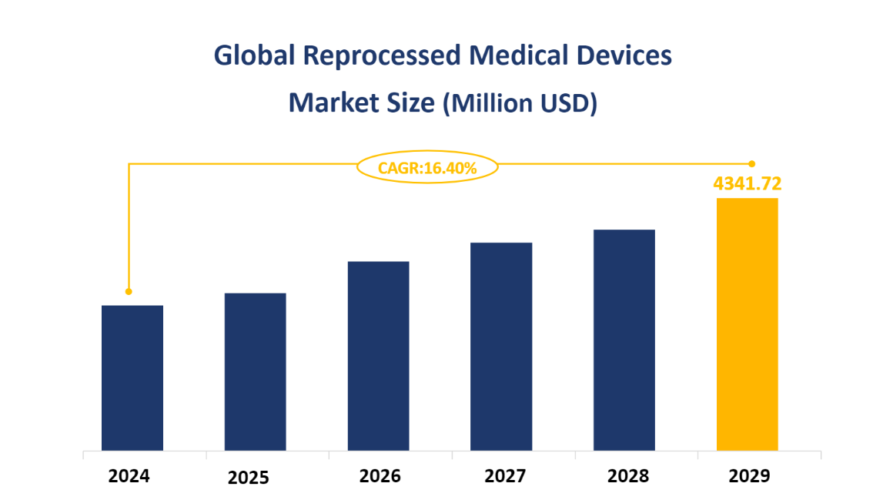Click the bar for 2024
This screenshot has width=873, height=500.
click(132, 378)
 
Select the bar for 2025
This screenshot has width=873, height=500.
click(255, 371)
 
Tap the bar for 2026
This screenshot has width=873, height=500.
click(378, 355)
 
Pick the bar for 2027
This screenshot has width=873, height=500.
click(501, 346)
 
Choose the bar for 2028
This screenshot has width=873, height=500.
click(624, 340)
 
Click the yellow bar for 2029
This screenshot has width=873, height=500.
click(747, 324)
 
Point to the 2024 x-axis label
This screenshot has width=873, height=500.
click(129, 476)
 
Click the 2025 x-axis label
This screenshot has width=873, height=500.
click(249, 478)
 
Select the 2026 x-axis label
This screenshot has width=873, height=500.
click(380, 476)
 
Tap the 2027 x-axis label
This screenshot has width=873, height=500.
click(505, 476)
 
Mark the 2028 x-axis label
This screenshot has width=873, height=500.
click(627, 476)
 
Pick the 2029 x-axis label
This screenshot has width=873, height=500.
click(749, 476)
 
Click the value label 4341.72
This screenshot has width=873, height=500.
click(748, 183)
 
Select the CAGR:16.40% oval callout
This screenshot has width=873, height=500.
click(427, 167)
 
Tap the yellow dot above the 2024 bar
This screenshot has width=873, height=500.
click(129, 291)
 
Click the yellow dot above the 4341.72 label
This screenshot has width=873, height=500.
click(752, 163)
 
